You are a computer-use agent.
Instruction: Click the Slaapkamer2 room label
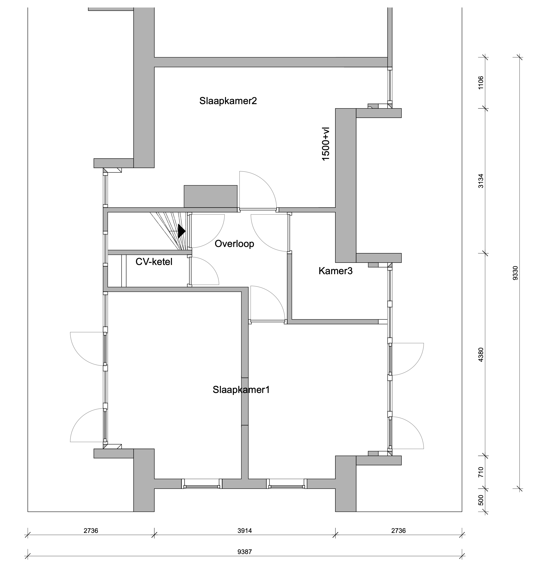228,101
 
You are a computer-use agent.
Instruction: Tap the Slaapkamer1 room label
241,390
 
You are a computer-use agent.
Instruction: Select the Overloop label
234,244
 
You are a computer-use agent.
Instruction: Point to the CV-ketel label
154,262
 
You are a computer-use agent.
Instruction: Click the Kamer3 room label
335,271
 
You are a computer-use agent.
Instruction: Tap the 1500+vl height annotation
326,144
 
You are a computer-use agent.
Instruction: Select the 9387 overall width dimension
245,552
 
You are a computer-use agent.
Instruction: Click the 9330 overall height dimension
515,273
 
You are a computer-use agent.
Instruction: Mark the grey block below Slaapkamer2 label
211,196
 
